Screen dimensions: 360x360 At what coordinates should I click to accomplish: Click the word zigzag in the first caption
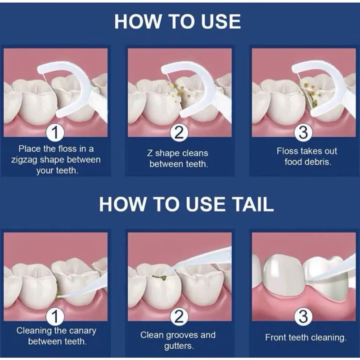[24, 160]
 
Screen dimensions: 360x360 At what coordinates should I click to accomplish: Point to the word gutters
[179, 346]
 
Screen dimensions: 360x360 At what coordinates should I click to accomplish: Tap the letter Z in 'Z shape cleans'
[150, 153]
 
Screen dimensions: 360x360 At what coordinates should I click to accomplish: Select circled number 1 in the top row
[55, 133]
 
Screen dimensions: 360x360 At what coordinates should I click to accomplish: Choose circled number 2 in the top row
[179, 133]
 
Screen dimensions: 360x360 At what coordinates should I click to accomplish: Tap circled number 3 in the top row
[303, 133]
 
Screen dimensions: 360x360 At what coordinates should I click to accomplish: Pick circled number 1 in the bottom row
[55, 317]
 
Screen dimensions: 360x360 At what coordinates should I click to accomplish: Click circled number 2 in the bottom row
[179, 317]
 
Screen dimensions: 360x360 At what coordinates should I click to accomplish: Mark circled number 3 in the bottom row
[303, 317]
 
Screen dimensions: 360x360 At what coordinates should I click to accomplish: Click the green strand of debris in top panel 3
[313, 99]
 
